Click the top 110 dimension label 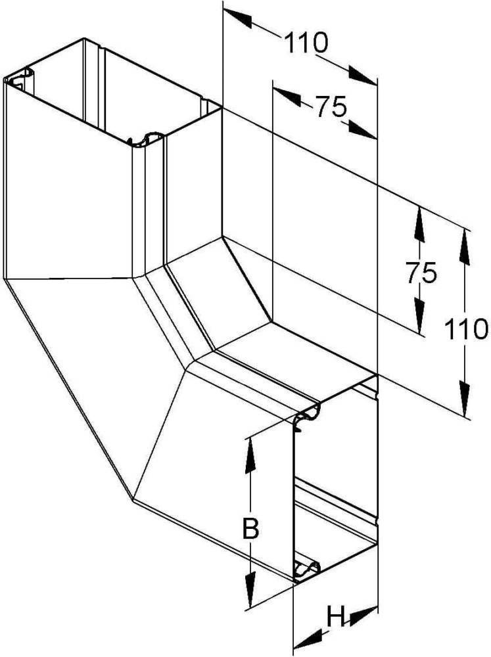tap(306, 43)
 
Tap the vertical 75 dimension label tap(421, 273)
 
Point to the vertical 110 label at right tap(466, 328)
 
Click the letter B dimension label tap(250, 529)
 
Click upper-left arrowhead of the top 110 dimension tap(237, 17)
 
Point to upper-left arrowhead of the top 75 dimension tap(287, 95)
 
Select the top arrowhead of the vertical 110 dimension tap(465, 246)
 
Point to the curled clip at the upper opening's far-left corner tap(20, 79)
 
